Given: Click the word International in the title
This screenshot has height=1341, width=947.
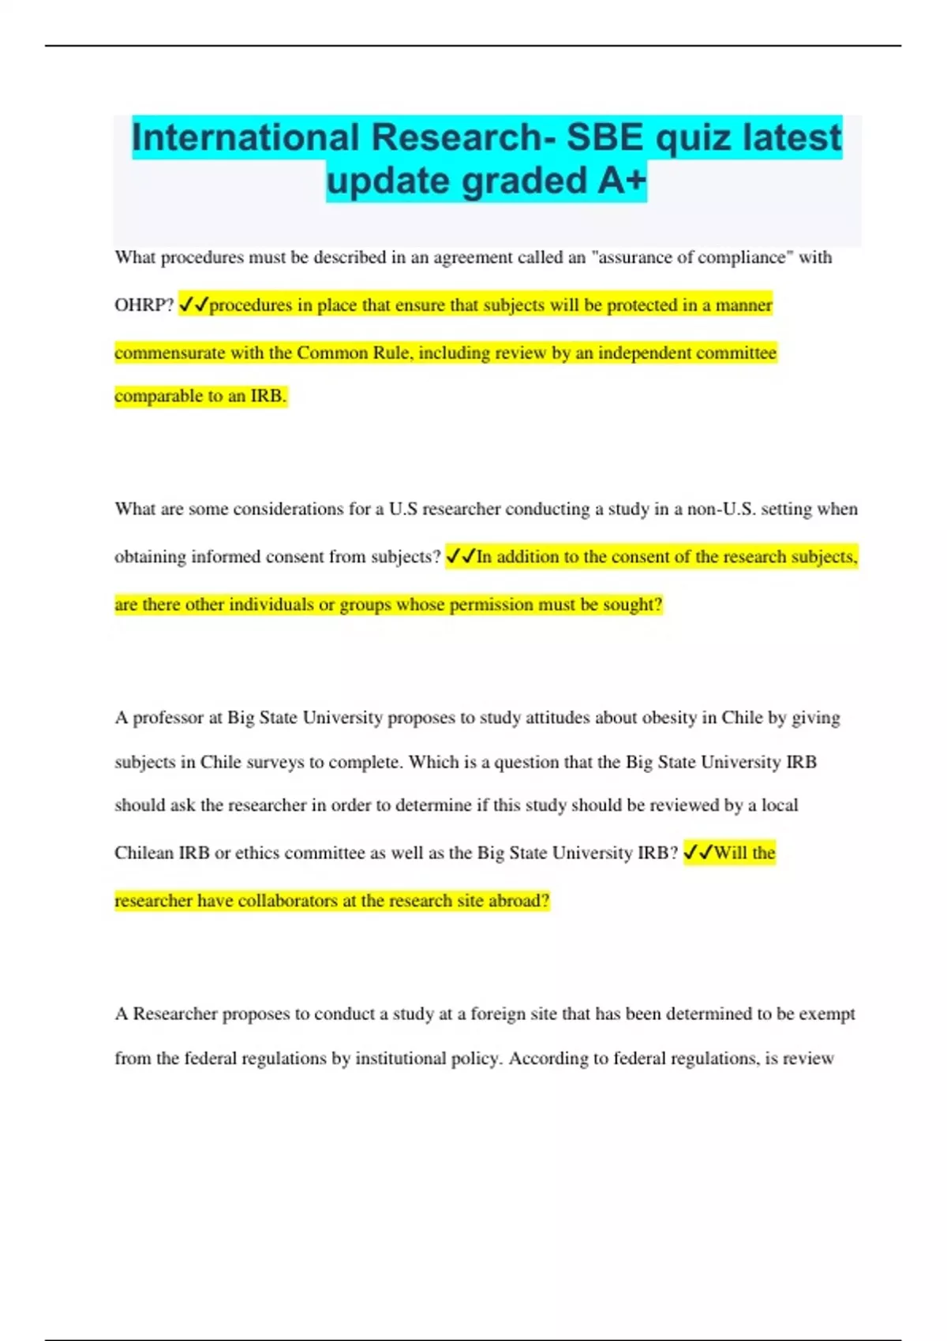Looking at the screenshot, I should click(245, 137).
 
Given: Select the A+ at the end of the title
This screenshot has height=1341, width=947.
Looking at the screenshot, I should click(622, 181).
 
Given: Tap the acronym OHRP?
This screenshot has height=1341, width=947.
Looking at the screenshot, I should click(144, 305).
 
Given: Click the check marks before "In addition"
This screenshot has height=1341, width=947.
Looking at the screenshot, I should click(460, 557).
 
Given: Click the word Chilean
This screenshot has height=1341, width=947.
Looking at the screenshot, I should click(144, 853).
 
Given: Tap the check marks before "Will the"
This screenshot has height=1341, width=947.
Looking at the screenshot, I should click(698, 853).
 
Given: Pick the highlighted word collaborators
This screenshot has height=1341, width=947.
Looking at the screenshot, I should click(288, 901).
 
